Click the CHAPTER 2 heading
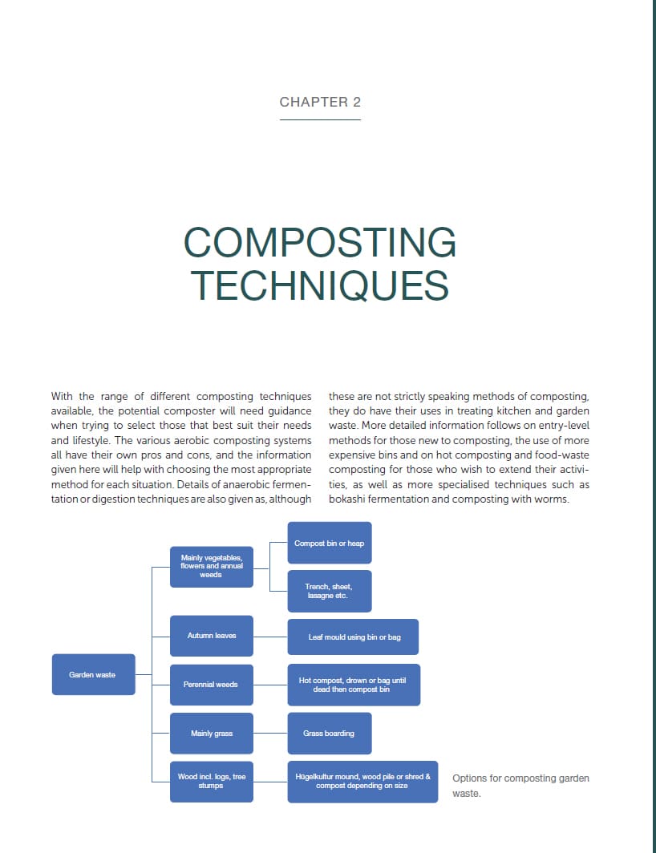(320, 102)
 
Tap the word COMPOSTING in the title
(320, 243)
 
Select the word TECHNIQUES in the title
(320, 285)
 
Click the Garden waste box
(93, 674)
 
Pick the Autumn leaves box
(212, 636)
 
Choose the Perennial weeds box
(212, 685)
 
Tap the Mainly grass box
(212, 734)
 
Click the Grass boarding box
(329, 734)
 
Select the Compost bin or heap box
(329, 544)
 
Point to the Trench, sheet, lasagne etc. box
(329, 591)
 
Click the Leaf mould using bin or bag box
(354, 637)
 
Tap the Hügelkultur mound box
(362, 782)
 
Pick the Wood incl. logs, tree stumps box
(212, 782)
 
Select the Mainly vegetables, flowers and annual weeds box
(212, 566)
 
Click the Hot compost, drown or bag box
(354, 685)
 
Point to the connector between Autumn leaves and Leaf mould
(270, 637)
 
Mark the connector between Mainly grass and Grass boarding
(270, 734)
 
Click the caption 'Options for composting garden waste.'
(520, 786)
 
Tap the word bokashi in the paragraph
(348, 499)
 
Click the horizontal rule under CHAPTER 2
(320, 119)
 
